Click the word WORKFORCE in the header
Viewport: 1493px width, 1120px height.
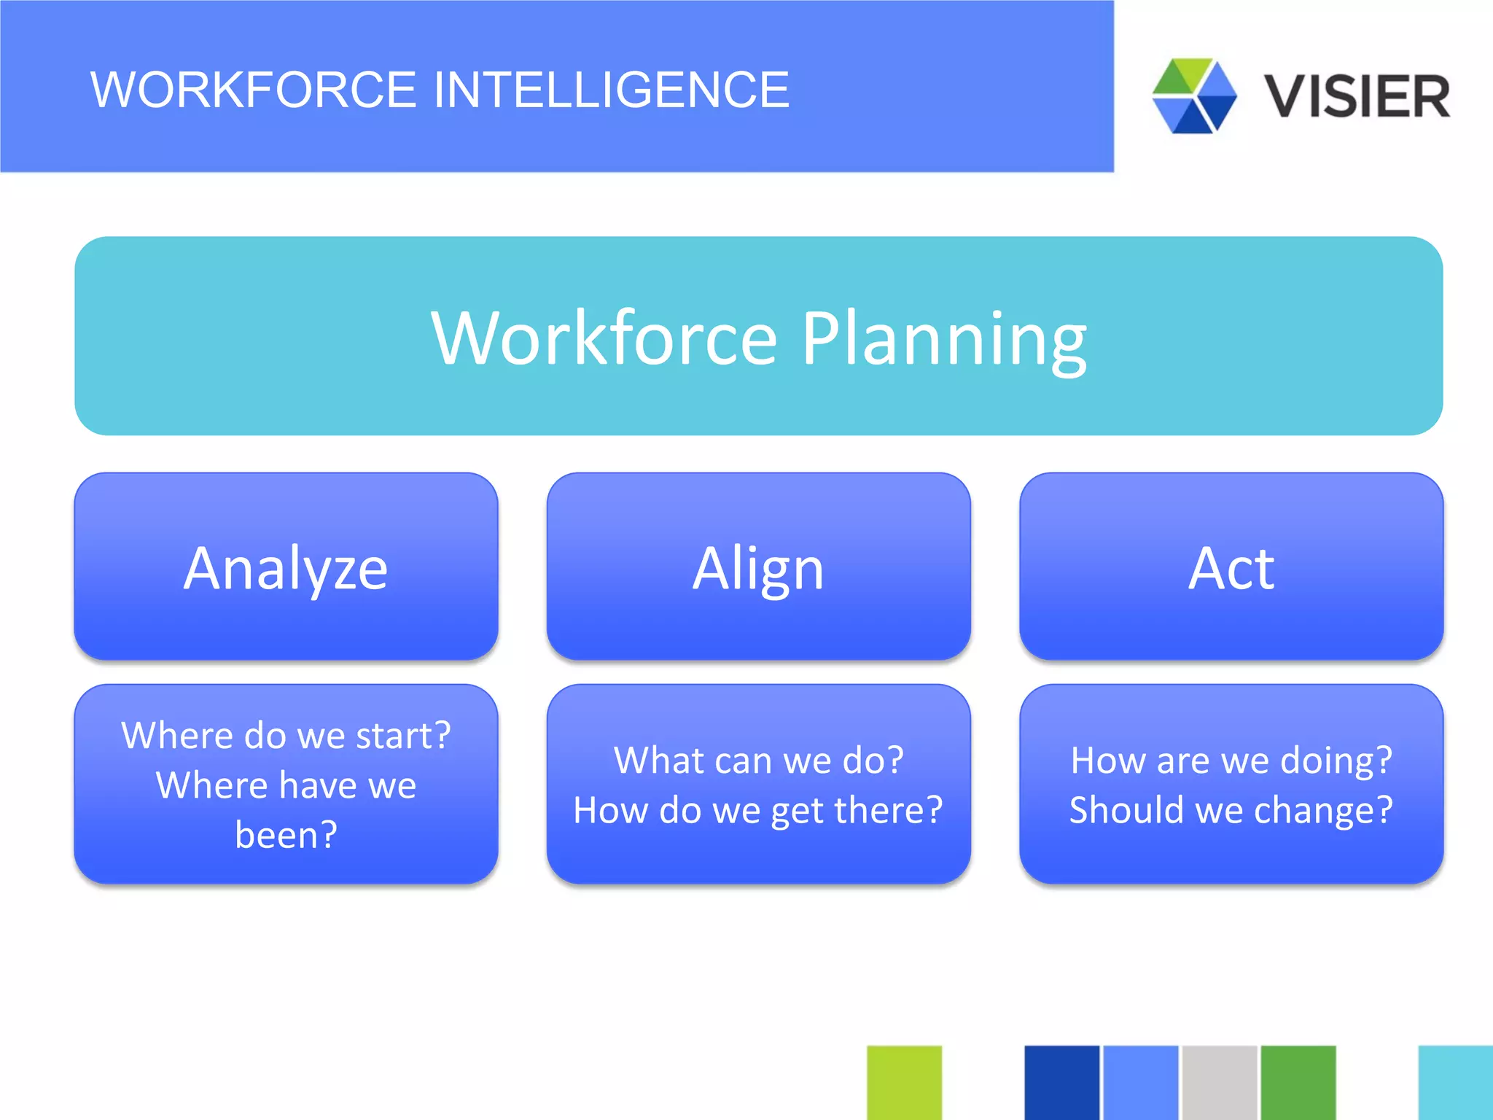point(253,90)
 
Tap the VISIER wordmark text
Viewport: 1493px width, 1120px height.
point(1357,96)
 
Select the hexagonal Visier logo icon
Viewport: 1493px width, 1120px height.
point(1194,96)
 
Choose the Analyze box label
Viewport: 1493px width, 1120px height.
point(286,568)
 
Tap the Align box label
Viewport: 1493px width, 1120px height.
point(758,568)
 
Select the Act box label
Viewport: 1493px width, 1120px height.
point(1231,568)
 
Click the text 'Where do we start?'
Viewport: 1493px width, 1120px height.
point(286,735)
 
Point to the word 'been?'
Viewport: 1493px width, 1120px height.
point(286,835)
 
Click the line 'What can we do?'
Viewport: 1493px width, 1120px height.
point(758,761)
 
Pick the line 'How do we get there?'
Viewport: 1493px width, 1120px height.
point(758,811)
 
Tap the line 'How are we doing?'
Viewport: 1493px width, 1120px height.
point(1231,761)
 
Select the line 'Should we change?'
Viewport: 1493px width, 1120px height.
point(1231,811)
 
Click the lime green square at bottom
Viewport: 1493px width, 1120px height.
point(904,1082)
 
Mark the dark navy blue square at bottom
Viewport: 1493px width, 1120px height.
point(1061,1082)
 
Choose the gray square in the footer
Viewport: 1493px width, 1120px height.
point(1219,1082)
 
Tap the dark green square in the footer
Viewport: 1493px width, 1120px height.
point(1298,1082)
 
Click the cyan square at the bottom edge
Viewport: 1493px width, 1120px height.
point(1455,1082)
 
